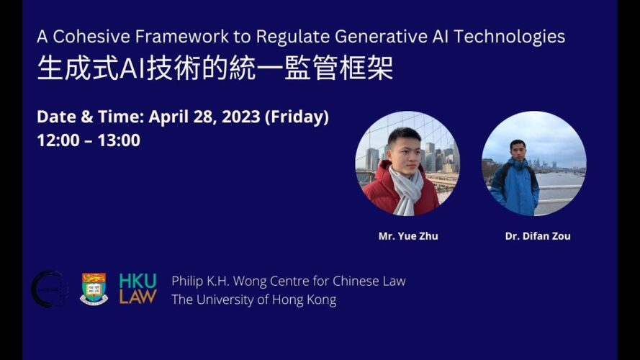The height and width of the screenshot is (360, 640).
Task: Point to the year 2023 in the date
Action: coord(241,117)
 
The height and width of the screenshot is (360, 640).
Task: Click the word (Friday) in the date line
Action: coord(297,117)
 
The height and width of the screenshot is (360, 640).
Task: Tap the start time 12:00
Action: coord(58,140)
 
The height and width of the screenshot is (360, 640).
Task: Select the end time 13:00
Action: coord(119,140)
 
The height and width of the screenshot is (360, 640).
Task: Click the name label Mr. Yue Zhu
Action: coord(408,236)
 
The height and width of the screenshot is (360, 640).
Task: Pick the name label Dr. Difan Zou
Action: coord(538,236)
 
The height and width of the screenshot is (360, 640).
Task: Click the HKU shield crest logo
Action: coord(94,289)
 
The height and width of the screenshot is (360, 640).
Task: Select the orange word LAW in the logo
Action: coord(138,297)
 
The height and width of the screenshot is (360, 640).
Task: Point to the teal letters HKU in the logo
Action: coord(138,281)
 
